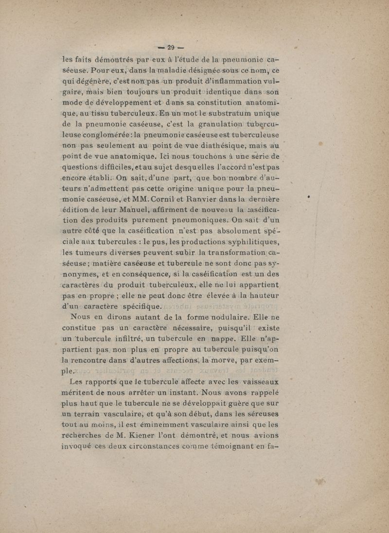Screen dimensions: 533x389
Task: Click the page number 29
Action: [171, 47]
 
